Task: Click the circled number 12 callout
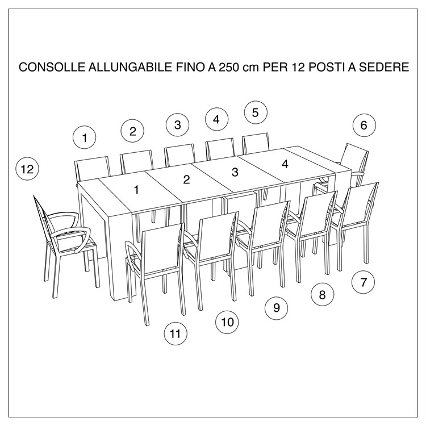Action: pos(27,169)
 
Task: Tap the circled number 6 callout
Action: pos(364,126)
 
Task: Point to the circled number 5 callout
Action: pos(256,112)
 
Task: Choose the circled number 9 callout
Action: pos(277,308)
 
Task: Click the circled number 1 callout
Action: pos(85,137)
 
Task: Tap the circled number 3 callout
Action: pos(178,124)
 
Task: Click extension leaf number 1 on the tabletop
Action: pos(136,190)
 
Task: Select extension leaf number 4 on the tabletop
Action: pos(285,164)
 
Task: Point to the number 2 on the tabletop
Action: pos(186,180)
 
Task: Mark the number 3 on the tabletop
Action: pos(235,172)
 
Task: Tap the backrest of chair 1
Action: pos(92,169)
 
